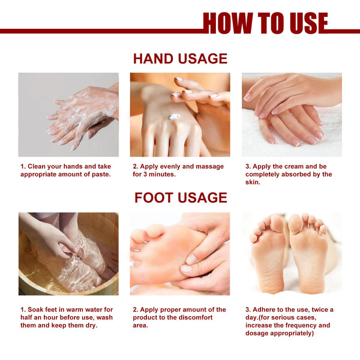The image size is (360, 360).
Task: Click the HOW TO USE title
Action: (265, 23)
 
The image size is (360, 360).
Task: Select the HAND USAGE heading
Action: (180, 58)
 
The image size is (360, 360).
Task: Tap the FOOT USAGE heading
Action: (180, 197)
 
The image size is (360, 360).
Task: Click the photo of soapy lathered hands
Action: (68, 115)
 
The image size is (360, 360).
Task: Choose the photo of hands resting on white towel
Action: (292, 115)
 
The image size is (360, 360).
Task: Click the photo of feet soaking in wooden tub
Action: (68, 253)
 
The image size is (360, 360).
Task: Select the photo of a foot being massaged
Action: (180, 253)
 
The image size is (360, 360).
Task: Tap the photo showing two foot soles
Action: (292, 253)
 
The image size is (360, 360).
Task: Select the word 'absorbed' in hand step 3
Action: (301, 174)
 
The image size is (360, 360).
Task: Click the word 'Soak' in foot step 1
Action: (35, 310)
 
